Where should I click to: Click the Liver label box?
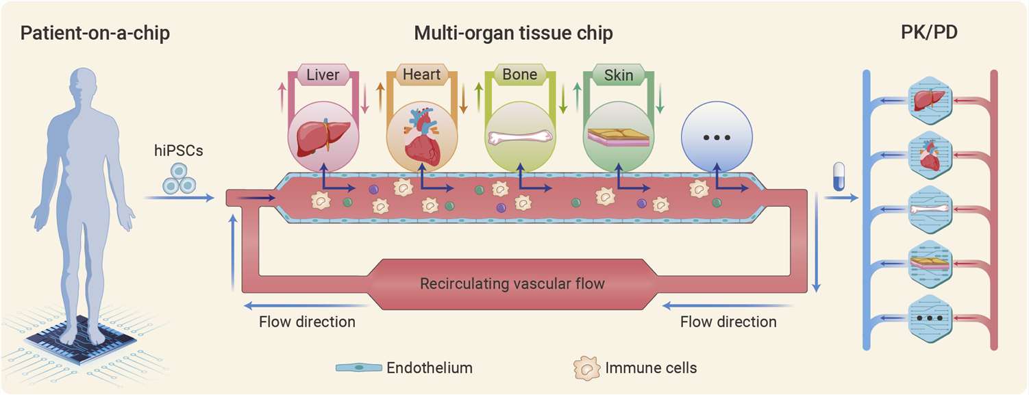coord(323,74)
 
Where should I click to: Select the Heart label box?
coord(421,74)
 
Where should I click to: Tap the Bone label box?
coord(519,74)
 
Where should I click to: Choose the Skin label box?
coord(618,74)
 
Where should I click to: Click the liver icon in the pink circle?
coord(323,133)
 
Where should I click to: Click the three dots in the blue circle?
coord(717,138)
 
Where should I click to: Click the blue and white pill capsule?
coord(837,177)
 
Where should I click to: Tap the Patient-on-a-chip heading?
coord(95,33)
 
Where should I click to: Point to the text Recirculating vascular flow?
coord(512,283)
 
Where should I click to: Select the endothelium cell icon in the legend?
coord(358,368)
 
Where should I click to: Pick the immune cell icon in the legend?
coord(585,368)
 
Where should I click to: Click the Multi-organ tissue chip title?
coord(513,33)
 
